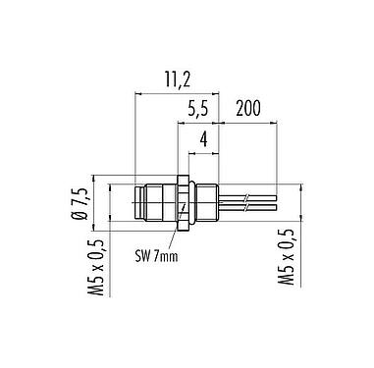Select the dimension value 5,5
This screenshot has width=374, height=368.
pos(197,104)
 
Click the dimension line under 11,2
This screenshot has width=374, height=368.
pos(177,94)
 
